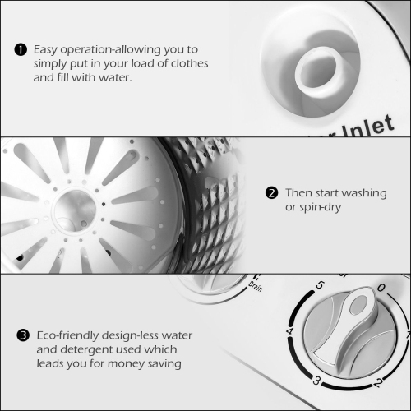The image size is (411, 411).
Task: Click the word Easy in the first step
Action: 48,48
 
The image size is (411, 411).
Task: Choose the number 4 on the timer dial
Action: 289,332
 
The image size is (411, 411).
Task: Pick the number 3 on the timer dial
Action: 316,380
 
